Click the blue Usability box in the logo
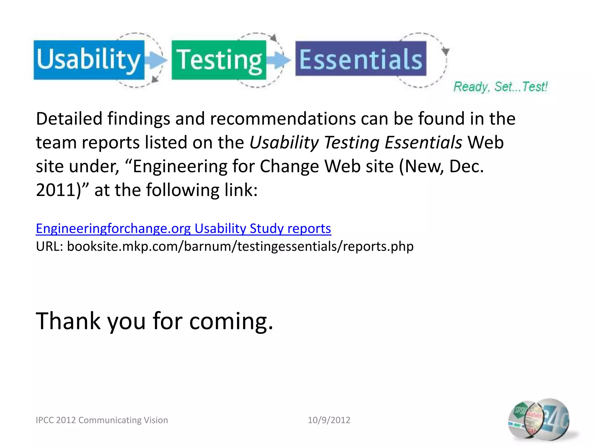click(x=89, y=60)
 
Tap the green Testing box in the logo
click(x=219, y=60)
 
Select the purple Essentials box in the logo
click(x=361, y=59)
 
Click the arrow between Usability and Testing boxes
click(x=156, y=60)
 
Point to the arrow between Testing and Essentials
click(x=278, y=60)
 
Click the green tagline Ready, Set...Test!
click(x=500, y=87)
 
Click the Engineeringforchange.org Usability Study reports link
click(x=183, y=229)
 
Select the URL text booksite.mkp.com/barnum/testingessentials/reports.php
click(x=240, y=247)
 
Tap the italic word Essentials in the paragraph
click(x=423, y=143)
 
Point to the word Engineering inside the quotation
click(x=180, y=166)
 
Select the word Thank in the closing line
click(x=68, y=321)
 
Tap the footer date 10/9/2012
click(x=329, y=420)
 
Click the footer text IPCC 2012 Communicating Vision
click(x=102, y=420)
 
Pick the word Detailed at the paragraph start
click(x=69, y=119)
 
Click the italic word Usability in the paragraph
click(x=284, y=143)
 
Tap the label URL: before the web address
click(x=49, y=247)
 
